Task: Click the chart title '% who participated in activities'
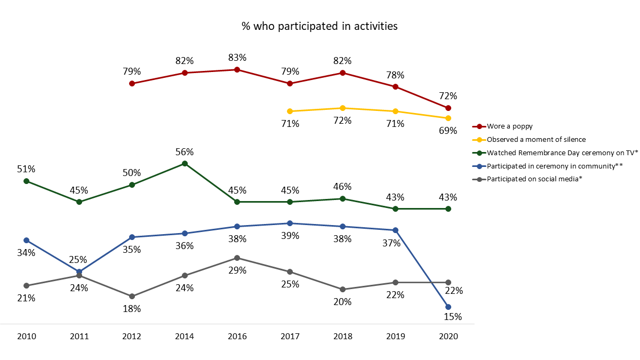click(319, 26)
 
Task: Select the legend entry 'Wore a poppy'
click(510, 126)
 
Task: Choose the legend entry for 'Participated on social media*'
click(534, 179)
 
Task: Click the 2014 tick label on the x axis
click(185, 337)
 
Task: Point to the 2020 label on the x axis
click(448, 337)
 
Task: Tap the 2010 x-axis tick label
click(26, 337)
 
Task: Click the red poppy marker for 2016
click(237, 69)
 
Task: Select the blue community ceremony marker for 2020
click(448, 307)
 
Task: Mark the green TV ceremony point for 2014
click(185, 163)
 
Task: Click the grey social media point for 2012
click(132, 296)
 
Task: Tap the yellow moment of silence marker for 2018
click(342, 108)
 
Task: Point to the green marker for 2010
click(26, 181)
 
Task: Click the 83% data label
click(237, 58)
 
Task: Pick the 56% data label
click(185, 152)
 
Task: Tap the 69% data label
click(448, 130)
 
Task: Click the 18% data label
click(132, 308)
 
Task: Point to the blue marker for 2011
click(79, 271)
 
